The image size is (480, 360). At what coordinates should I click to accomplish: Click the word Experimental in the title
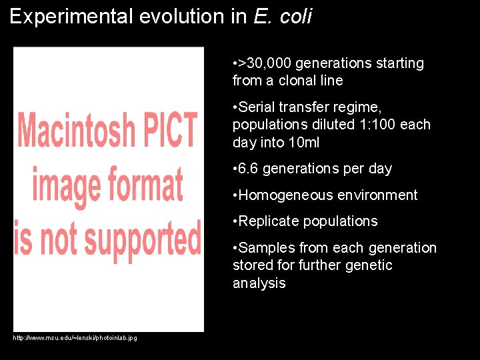(x=71, y=17)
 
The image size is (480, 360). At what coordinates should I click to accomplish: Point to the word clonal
(x=300, y=81)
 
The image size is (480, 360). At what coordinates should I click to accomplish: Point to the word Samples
(x=266, y=248)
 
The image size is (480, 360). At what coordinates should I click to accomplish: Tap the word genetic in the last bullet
(x=368, y=265)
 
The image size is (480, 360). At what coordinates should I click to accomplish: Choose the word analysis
(x=259, y=283)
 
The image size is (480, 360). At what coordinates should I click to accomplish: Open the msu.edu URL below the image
(x=75, y=339)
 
